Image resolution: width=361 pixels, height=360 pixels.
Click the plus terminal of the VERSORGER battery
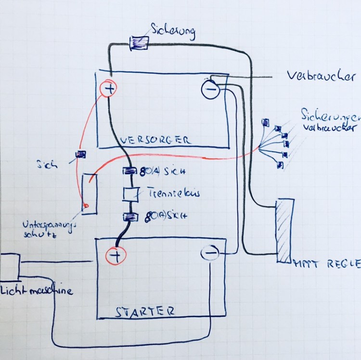tap(108, 88)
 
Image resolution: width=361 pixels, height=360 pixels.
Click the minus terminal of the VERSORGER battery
tap(210, 90)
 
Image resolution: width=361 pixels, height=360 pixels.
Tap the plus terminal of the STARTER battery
tap(116, 255)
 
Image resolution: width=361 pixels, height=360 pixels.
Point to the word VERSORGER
tap(155, 141)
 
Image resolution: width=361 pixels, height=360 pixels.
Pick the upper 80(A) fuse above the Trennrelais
tap(130, 171)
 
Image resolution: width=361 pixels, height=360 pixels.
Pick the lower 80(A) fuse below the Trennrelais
tap(130, 217)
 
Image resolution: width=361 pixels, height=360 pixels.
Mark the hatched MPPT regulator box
tap(283, 230)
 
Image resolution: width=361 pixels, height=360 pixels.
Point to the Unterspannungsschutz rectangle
tap(90, 193)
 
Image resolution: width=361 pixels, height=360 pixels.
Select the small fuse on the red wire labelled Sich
tap(81, 154)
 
